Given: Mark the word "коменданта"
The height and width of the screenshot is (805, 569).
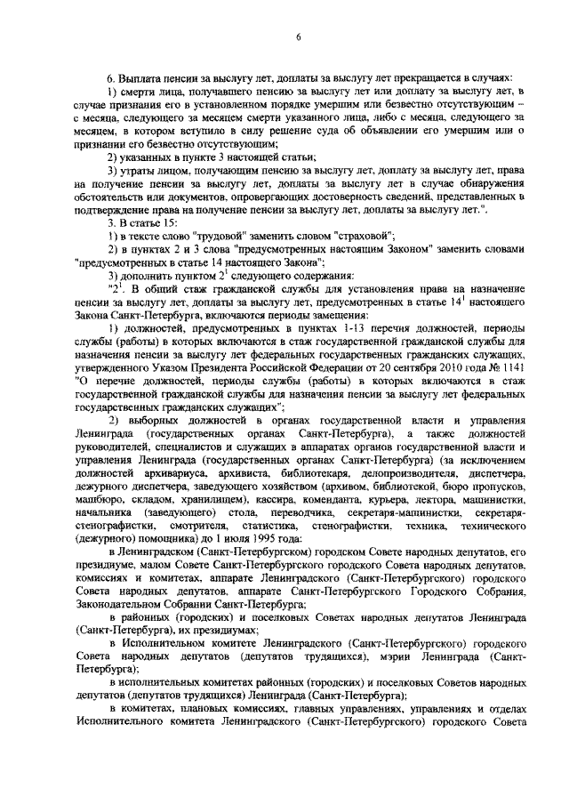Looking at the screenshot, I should tap(296, 503).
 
